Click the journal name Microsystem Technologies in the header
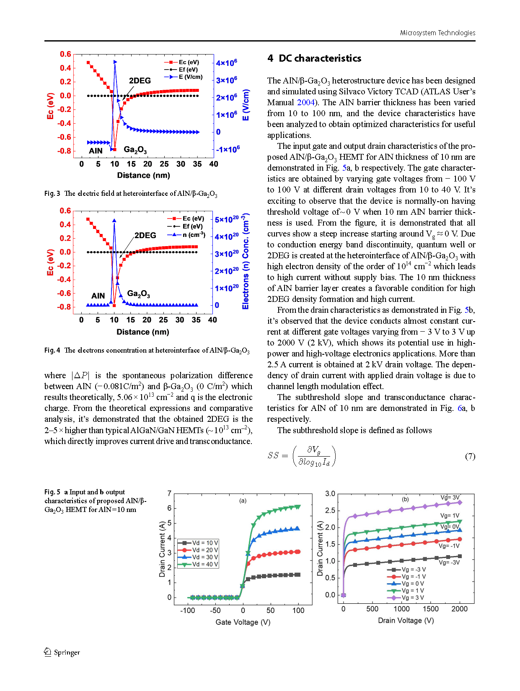pyautogui.click(x=437, y=33)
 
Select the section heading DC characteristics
pyautogui.click(x=320, y=58)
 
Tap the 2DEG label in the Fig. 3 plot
pyautogui.click(x=140, y=81)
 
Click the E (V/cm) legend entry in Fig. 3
pyautogui.click(x=184, y=77)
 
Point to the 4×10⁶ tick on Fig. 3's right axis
pyautogui.click(x=226, y=62)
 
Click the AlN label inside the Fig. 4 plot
pyautogui.click(x=98, y=296)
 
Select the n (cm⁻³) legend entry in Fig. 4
pyautogui.click(x=186, y=235)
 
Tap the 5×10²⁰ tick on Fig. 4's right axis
pyautogui.click(x=227, y=219)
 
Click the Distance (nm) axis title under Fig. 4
pyautogui.click(x=143, y=332)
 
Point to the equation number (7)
pyautogui.click(x=470, y=456)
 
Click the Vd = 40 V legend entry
pyautogui.click(x=198, y=564)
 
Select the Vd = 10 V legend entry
pyautogui.click(x=198, y=543)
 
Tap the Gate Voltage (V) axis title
pyautogui.click(x=243, y=622)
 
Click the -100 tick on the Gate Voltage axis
pyautogui.click(x=187, y=610)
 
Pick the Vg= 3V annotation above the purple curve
pyautogui.click(x=450, y=497)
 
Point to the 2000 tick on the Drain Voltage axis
pyautogui.click(x=459, y=609)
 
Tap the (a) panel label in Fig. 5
pyautogui.click(x=243, y=501)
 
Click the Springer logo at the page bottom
pyautogui.click(x=62, y=652)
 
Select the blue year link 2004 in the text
pyautogui.click(x=305, y=102)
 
